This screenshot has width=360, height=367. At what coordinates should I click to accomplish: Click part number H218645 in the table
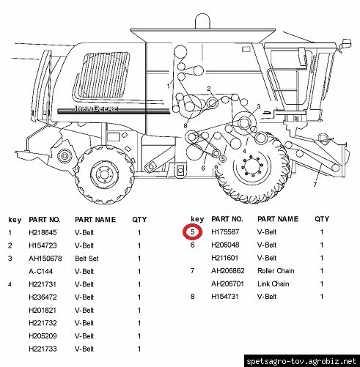43,232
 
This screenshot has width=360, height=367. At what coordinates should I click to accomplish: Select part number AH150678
45,259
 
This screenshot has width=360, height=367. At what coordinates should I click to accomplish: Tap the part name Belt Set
87,259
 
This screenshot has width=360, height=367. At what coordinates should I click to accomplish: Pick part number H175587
225,231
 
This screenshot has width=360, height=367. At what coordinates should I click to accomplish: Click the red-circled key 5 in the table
193,232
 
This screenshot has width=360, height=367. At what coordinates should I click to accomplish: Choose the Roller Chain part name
276,270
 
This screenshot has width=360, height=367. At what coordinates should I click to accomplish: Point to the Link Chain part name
273,283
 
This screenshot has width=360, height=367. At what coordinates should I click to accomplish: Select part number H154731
225,297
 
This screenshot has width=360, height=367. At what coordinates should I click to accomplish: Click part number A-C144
40,271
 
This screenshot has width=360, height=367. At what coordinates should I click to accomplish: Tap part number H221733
43,349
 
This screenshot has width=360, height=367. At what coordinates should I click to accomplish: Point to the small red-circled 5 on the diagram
223,159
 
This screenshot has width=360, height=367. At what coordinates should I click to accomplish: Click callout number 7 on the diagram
315,185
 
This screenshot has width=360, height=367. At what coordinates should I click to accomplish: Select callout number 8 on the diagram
185,126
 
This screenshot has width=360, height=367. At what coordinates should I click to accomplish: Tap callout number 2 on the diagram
208,89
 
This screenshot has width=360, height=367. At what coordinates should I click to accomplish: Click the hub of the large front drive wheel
252,166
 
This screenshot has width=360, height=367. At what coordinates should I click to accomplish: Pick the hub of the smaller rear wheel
105,175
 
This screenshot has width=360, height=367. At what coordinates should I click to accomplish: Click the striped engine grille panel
101,75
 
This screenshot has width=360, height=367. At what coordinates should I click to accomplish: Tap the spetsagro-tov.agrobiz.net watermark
301,361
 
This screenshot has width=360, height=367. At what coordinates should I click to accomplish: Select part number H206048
225,245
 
